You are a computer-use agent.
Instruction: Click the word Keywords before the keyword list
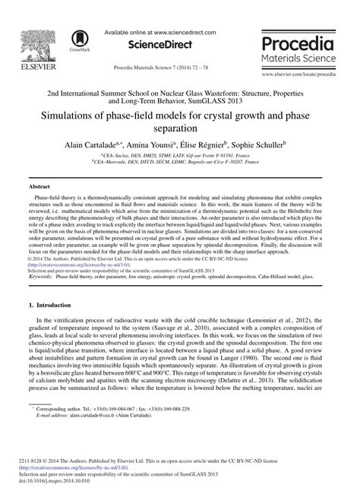(41, 277)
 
